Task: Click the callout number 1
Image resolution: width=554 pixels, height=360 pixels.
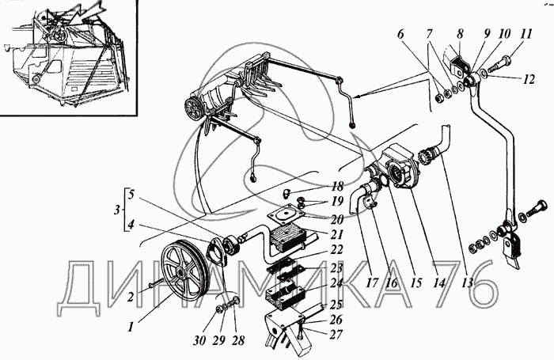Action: (131, 327)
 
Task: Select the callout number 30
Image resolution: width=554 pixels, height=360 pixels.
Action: (199, 340)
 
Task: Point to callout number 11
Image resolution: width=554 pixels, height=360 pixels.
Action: (526, 34)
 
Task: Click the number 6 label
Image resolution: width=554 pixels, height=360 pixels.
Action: (400, 34)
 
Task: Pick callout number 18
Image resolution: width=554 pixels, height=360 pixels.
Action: (337, 187)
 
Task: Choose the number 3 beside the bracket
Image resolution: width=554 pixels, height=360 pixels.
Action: (117, 210)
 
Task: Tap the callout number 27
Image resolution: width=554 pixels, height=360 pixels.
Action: (336, 334)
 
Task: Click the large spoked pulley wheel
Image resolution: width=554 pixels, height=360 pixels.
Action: (183, 268)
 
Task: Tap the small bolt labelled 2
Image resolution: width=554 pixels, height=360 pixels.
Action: (154, 282)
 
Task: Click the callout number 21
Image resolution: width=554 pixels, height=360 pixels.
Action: (337, 233)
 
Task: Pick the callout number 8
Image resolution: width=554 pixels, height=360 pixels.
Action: (459, 34)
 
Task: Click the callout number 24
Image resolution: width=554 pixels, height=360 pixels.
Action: (337, 283)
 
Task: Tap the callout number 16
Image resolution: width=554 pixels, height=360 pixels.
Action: (392, 282)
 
